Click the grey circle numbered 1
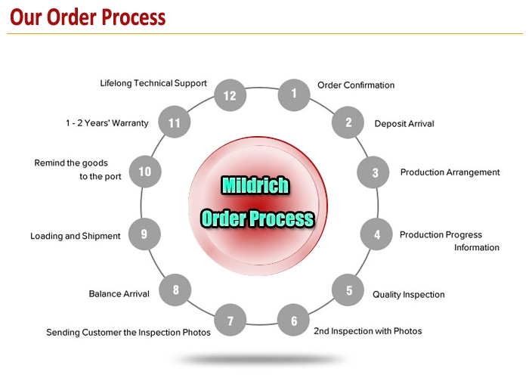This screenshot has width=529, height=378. [x=294, y=94]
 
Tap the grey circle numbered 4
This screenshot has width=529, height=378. [x=376, y=234]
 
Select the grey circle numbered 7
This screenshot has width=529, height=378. [x=230, y=320]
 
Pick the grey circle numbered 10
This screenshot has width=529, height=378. [x=145, y=172]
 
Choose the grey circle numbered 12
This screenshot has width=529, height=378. [x=230, y=95]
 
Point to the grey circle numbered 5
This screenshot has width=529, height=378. [x=348, y=290]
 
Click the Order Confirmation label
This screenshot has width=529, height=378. [x=356, y=85]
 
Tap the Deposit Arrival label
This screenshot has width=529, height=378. [x=404, y=124]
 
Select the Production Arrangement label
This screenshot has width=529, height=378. [x=450, y=172]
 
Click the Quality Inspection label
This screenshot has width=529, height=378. [x=409, y=295]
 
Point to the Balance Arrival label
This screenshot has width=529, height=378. [x=119, y=293]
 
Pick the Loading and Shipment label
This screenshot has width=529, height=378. [x=76, y=236]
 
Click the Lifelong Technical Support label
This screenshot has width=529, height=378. [x=153, y=83]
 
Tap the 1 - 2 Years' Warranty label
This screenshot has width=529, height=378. [x=107, y=123]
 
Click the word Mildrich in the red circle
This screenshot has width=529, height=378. [x=255, y=185]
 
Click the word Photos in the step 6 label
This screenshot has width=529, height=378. [x=407, y=331]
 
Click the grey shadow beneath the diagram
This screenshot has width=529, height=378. [x=261, y=358]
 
